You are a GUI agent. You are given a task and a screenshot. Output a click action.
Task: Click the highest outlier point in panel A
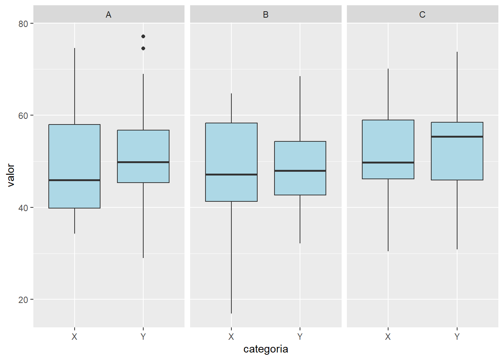pyautogui.click(x=143, y=36)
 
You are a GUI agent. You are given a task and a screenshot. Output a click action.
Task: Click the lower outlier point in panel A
pyautogui.click(x=143, y=48)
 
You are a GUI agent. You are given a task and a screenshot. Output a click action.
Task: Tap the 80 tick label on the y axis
pyautogui.click(x=23, y=24)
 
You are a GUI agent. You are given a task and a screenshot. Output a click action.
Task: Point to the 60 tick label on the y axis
pyautogui.click(x=23, y=115)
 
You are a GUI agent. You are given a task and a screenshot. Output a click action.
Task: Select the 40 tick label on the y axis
pyautogui.click(x=23, y=208)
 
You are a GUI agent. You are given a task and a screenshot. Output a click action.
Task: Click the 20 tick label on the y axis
pyautogui.click(x=23, y=300)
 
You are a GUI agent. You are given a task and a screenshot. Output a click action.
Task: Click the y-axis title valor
pyautogui.click(x=11, y=175)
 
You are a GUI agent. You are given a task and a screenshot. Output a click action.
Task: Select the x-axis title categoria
pyautogui.click(x=265, y=349)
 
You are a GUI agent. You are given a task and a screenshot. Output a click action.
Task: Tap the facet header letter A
pyautogui.click(x=109, y=15)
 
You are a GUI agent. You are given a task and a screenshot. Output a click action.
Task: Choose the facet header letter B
pyautogui.click(x=265, y=15)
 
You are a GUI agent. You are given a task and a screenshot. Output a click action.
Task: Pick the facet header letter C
pyautogui.click(x=422, y=15)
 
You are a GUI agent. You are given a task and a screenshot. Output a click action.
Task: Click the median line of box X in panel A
pyautogui.click(x=75, y=180)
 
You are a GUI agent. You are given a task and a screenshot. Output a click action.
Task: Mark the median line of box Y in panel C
pyautogui.click(x=457, y=136)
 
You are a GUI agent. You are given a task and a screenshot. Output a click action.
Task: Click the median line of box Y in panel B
pyautogui.click(x=300, y=171)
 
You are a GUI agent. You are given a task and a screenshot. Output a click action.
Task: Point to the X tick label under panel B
pyautogui.click(x=231, y=337)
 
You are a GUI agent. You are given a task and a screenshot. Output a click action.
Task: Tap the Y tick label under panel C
pyautogui.click(x=457, y=337)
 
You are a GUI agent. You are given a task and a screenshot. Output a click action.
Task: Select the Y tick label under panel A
pyautogui.click(x=143, y=337)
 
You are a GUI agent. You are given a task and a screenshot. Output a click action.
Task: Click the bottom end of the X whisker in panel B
pyautogui.click(x=231, y=313)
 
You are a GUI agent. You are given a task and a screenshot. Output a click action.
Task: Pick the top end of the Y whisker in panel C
pyautogui.click(x=457, y=52)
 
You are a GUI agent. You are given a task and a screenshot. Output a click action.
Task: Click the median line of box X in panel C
pyautogui.click(x=388, y=162)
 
